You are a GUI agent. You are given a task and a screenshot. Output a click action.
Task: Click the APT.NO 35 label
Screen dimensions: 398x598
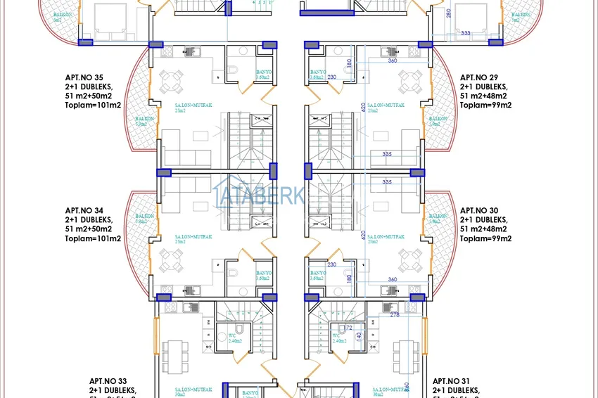pos(84,77)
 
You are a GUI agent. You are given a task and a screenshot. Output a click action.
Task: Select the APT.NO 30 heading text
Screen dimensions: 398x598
pos(478,210)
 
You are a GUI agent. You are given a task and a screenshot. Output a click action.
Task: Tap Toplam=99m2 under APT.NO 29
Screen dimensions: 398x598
pos(485,105)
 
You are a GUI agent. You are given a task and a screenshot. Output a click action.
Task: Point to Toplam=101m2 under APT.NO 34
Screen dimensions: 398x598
pos(93,238)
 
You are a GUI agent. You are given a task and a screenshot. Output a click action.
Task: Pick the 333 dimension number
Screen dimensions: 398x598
pos(465,33)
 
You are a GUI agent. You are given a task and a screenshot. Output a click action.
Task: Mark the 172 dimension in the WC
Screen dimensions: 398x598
pos(348,328)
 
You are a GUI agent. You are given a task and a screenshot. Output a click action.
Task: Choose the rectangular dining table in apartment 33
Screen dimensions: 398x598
pos(175,356)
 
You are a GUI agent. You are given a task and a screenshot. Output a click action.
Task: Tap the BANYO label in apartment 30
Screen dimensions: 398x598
pos(317,273)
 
